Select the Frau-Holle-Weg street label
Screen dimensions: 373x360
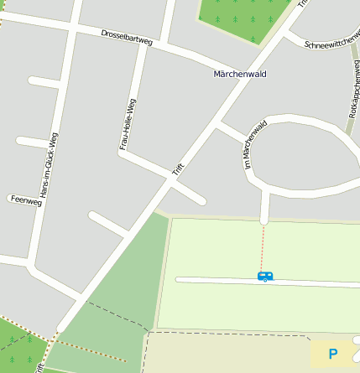(x=127, y=124)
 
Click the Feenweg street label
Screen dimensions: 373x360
(x=25, y=199)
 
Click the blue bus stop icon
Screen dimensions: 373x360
(x=265, y=276)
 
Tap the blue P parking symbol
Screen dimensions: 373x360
(x=333, y=355)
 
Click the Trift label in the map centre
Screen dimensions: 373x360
(x=178, y=168)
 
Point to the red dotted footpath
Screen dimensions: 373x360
(x=262, y=247)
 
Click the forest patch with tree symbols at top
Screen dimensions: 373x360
(x=243, y=17)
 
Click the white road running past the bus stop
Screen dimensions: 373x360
(x=218, y=279)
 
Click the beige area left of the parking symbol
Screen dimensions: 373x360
(x=227, y=352)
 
